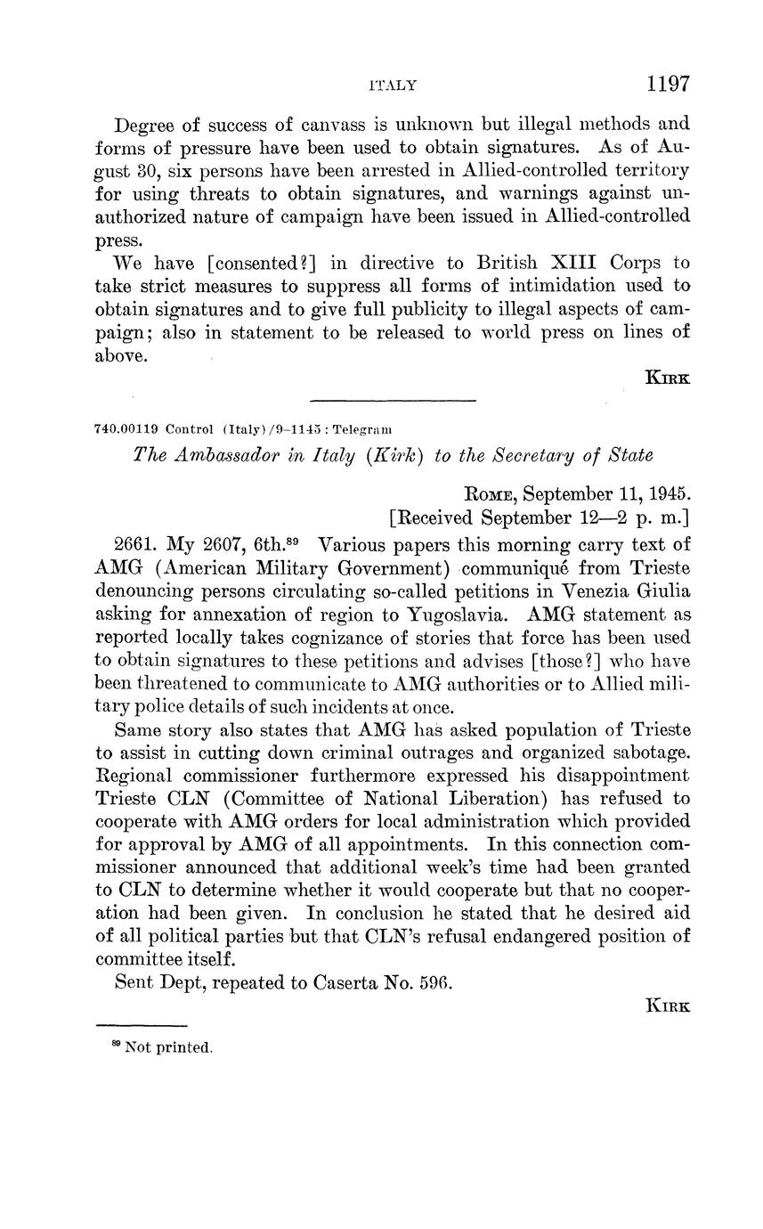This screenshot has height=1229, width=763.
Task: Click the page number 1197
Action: [668, 84]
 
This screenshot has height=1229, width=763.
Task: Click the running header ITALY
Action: [392, 85]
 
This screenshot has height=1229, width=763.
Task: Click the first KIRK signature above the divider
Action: [668, 378]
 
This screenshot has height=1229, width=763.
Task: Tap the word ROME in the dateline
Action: [491, 493]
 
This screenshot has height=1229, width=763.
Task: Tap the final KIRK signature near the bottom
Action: [668, 1005]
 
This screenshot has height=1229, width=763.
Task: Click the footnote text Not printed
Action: [169, 1048]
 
